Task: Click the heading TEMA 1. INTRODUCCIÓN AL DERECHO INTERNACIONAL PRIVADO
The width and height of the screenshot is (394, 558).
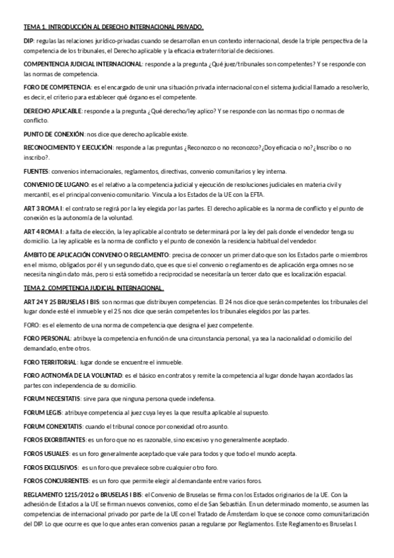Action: click(x=114, y=27)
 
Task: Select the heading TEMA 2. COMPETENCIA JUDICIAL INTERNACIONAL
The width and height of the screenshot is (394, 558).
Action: click(x=93, y=288)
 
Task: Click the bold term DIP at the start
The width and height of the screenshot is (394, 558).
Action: click(x=28, y=41)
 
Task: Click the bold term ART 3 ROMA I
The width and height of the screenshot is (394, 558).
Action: click(x=43, y=209)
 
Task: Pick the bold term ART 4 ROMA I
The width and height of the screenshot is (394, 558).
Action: click(x=43, y=232)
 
